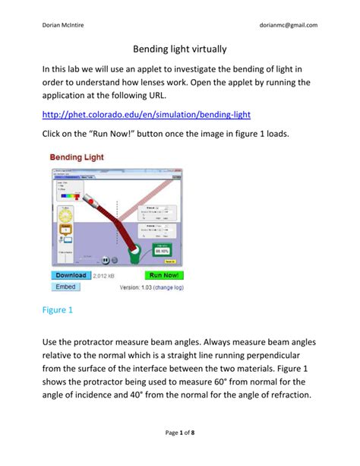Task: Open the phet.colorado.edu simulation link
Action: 146,114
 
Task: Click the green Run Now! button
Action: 165,275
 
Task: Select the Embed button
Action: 67,287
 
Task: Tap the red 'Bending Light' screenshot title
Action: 77,157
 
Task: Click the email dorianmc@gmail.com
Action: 289,25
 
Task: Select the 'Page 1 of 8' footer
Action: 180,433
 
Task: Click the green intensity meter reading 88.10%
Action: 163,249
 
